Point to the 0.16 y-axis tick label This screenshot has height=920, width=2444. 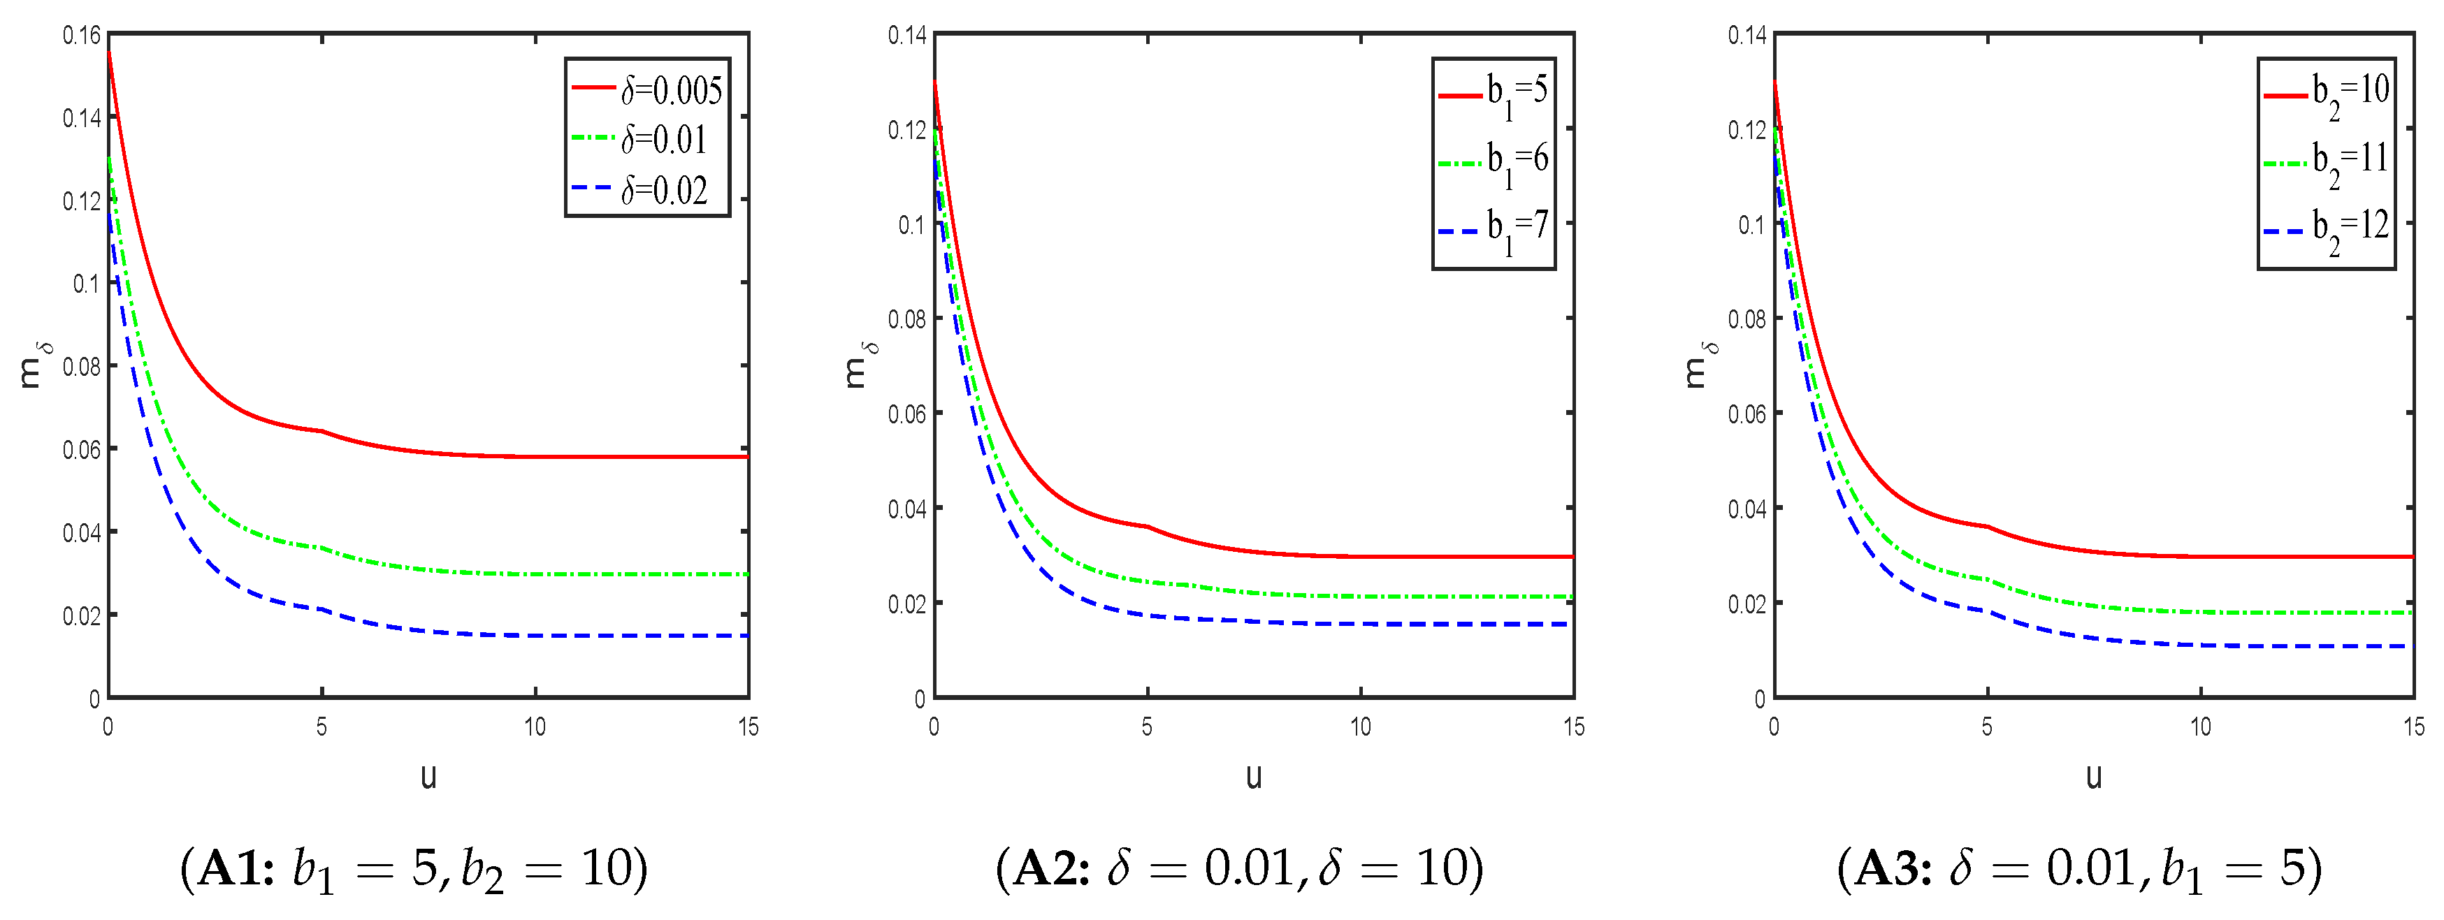click(82, 36)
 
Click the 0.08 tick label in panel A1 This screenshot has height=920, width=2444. click(82, 366)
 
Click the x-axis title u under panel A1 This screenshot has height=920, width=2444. click(429, 777)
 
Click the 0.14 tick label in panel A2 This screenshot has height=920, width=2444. click(907, 36)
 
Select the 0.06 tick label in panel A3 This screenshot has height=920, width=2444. click(1747, 414)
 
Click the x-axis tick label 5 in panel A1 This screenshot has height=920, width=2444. click(321, 727)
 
